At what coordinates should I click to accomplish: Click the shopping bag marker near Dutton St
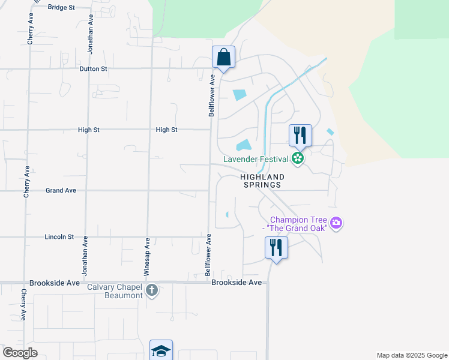(223, 58)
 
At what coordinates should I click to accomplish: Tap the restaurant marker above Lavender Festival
(300, 135)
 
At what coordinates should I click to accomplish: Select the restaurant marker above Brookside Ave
(276, 247)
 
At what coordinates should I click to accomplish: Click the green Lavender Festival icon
(298, 159)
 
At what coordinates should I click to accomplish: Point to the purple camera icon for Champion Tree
(336, 224)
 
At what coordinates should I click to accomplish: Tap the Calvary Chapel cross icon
(152, 291)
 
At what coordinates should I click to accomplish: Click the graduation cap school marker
(161, 350)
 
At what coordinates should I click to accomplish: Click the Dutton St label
(94, 69)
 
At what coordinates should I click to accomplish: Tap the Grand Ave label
(61, 190)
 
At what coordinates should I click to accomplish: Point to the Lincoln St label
(59, 237)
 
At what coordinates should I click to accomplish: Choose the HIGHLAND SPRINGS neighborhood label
(262, 181)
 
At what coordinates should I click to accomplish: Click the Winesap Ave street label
(147, 256)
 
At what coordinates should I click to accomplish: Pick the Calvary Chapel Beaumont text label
(115, 291)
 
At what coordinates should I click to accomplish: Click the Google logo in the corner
(20, 352)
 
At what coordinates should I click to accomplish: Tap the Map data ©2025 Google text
(411, 355)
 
